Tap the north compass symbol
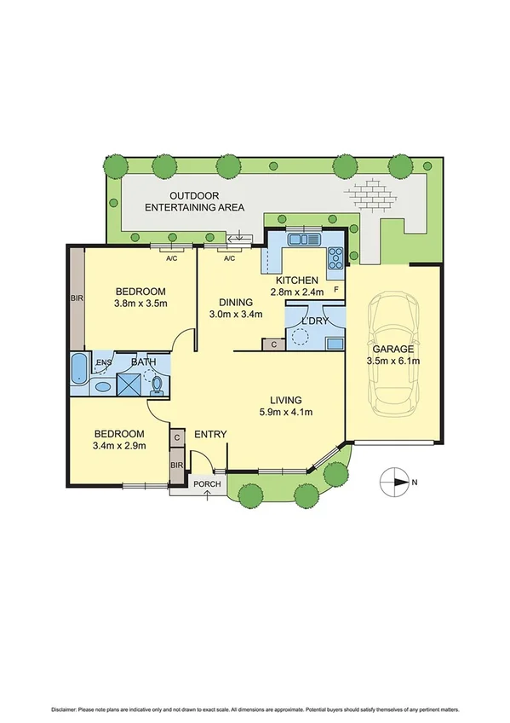[394, 482]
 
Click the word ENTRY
[209, 435]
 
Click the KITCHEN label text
[297, 281]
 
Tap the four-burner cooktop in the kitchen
[334, 254]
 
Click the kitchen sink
[302, 240]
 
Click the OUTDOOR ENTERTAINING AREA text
[195, 200]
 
